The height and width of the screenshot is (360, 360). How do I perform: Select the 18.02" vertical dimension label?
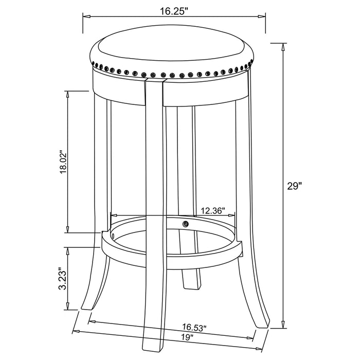pyautogui.click(x=63, y=162)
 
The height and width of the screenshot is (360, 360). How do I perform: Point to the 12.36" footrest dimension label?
pyautogui.click(x=212, y=210)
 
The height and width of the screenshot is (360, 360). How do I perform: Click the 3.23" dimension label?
pyautogui.click(x=62, y=279)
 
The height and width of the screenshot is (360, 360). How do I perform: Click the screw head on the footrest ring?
pyautogui.click(x=185, y=224)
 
